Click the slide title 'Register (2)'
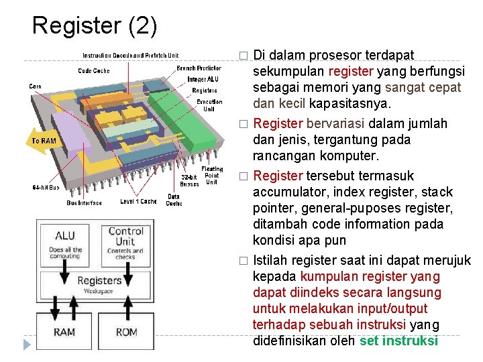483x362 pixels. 95,25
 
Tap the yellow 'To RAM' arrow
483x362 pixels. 44,141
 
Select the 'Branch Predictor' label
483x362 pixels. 199,68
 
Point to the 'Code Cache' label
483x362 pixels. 94,70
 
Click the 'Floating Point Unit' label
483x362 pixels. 211,175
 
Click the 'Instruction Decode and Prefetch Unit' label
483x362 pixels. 130,55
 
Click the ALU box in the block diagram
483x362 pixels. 65,244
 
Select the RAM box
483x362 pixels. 64,331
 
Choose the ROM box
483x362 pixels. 126,331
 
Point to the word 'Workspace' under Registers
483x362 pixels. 98,292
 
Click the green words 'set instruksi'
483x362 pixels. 398,341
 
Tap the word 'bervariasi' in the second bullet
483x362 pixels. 334,123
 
